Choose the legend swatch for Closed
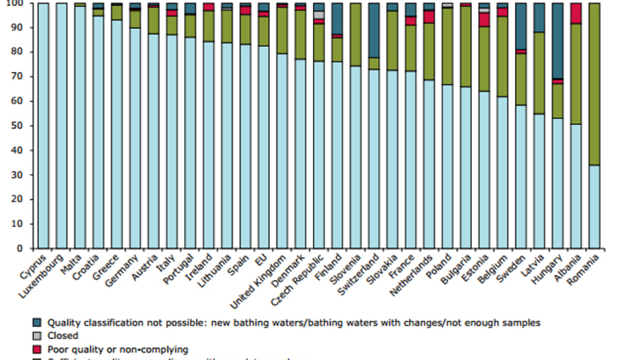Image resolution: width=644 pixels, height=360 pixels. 37,336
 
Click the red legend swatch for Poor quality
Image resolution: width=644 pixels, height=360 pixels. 37,349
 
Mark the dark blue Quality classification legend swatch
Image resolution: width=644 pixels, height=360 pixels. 37,323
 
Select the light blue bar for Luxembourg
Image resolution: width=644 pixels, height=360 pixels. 61,125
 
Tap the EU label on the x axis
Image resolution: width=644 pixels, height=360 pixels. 260,258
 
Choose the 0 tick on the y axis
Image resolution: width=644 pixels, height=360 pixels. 20,248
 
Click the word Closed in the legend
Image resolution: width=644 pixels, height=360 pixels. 63,336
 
